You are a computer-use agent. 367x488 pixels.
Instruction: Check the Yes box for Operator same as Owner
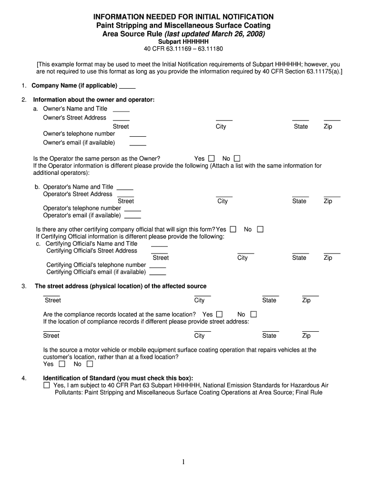coord(212,159)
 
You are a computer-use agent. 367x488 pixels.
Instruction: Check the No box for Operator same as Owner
coord(237,159)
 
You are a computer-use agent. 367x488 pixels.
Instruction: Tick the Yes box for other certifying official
coord(233,229)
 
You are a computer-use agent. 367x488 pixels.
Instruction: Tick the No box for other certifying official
coord(260,229)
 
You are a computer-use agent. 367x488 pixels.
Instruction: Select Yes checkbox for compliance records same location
coord(219,315)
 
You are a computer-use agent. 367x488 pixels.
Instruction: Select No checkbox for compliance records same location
coord(253,315)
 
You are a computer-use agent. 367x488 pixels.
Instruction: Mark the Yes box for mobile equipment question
coord(61,364)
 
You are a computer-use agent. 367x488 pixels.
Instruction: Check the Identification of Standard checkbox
coord(46,385)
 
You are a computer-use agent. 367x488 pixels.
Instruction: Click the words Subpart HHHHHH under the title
coord(183,42)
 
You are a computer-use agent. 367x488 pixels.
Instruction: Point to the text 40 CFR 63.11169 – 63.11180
coord(183,49)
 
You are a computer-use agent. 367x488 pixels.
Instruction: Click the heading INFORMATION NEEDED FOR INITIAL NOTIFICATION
coord(183,17)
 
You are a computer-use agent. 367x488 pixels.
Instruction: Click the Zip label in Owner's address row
coord(328,127)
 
